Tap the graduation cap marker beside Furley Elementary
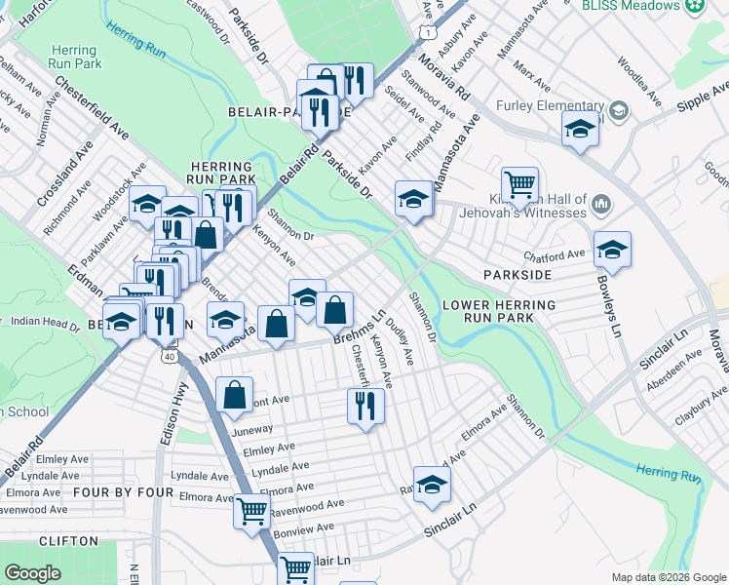[x=580, y=129]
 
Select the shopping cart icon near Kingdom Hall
[x=520, y=183]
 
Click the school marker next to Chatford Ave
[x=612, y=250]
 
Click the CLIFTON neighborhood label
[x=68, y=541]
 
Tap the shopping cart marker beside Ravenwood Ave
[x=251, y=509]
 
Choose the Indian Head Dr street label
[x=38, y=322]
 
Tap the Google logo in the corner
[x=32, y=573]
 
